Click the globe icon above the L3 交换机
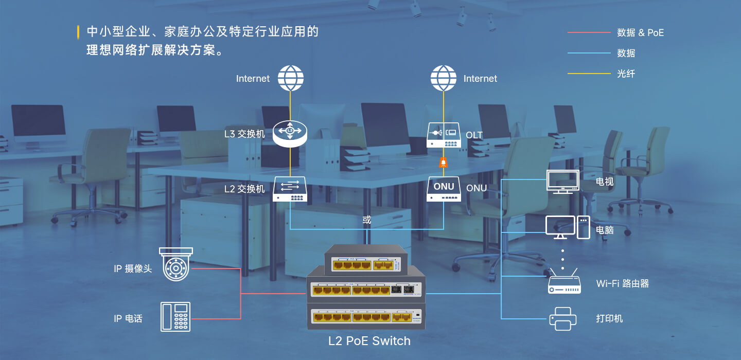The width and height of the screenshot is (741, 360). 291,78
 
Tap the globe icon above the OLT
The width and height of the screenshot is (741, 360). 444,78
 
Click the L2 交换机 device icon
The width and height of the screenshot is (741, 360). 290,189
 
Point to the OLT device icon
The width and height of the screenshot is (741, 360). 444,136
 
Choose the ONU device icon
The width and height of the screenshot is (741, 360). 444,189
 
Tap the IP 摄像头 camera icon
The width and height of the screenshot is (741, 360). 176,264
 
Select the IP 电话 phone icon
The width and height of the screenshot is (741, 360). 175,317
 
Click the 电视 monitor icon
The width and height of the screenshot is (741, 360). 562,182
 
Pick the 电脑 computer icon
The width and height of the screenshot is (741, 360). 568,227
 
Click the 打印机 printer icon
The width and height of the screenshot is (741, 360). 562,318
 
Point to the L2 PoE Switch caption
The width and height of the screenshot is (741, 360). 369,341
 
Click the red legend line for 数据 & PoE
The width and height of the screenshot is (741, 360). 588,32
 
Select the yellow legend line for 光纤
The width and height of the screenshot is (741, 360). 588,74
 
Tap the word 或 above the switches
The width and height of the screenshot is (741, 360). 366,220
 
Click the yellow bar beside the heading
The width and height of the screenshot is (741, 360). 78,32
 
